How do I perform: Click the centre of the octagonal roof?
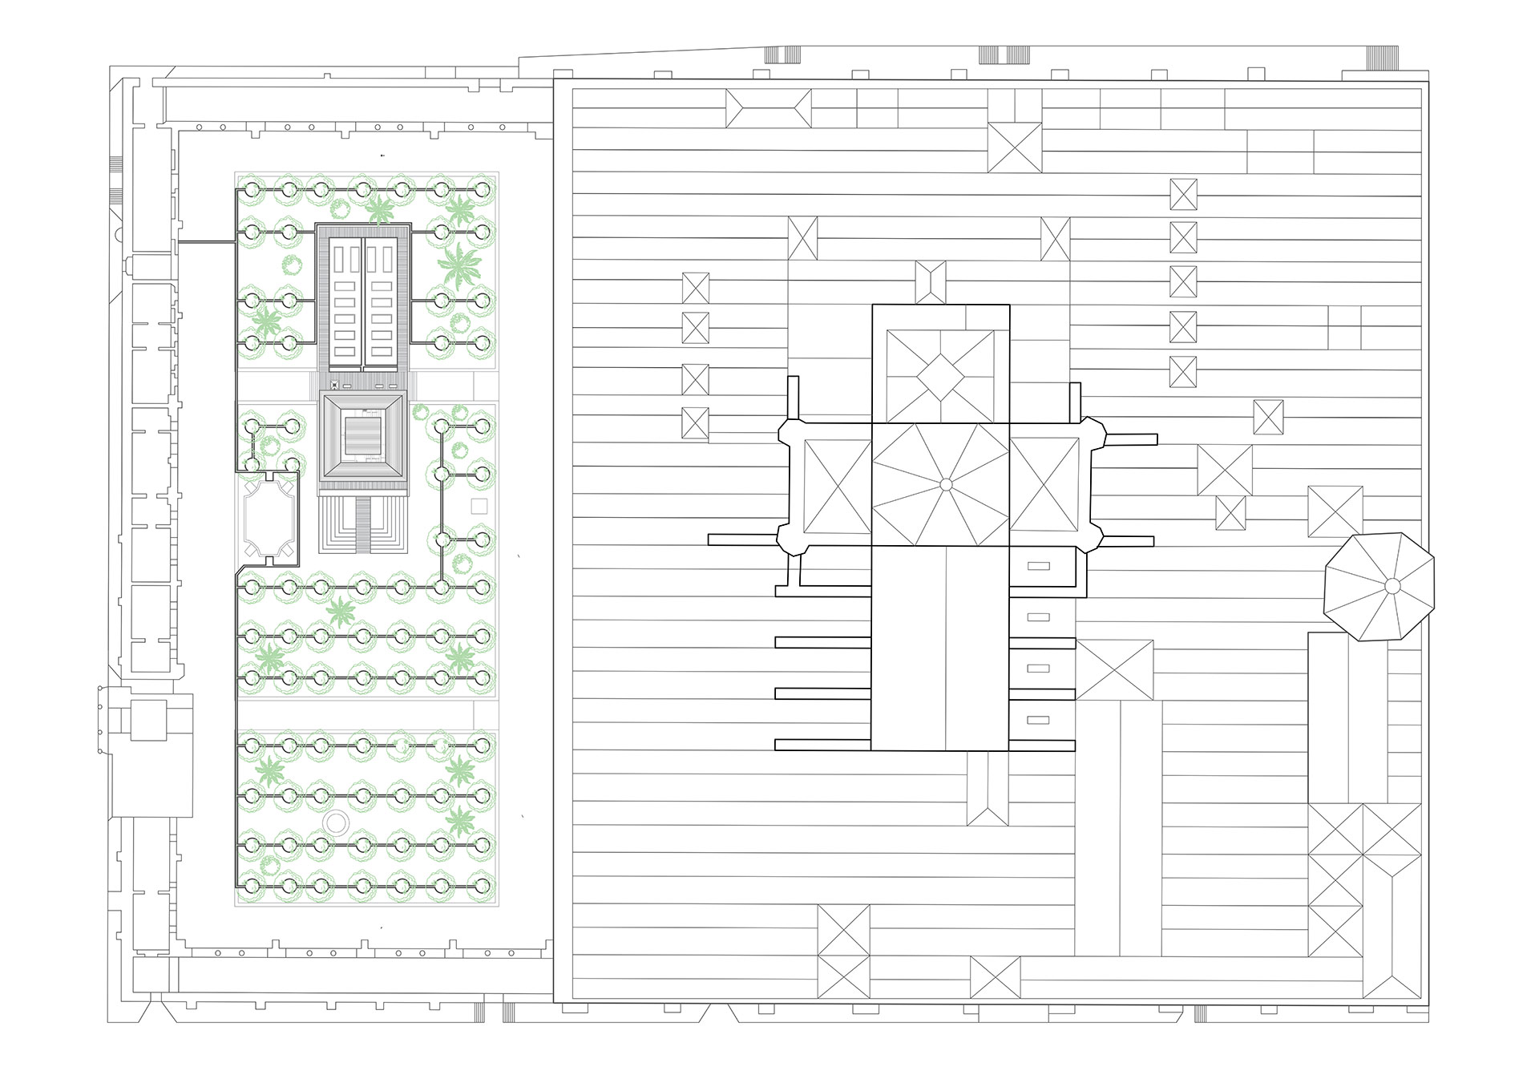[1392, 586]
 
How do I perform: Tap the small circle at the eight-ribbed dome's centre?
[945, 484]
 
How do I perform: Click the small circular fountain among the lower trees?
[337, 822]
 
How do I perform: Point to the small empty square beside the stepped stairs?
[479, 506]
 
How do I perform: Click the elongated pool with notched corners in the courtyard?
[269, 517]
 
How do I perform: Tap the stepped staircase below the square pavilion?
[363, 525]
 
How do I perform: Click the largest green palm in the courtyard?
[460, 268]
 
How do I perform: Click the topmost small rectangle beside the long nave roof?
[1038, 566]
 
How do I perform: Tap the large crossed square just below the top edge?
[1015, 147]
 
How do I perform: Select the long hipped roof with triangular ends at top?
[768, 108]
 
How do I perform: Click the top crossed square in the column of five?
[1183, 194]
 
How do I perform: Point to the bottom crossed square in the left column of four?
[695, 423]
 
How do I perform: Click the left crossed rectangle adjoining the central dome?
[830, 486]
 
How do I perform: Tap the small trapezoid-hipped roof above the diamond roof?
[930, 282]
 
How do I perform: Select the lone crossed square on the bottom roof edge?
[995, 977]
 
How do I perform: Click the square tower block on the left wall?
[148, 719]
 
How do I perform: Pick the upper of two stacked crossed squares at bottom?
[843, 930]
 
